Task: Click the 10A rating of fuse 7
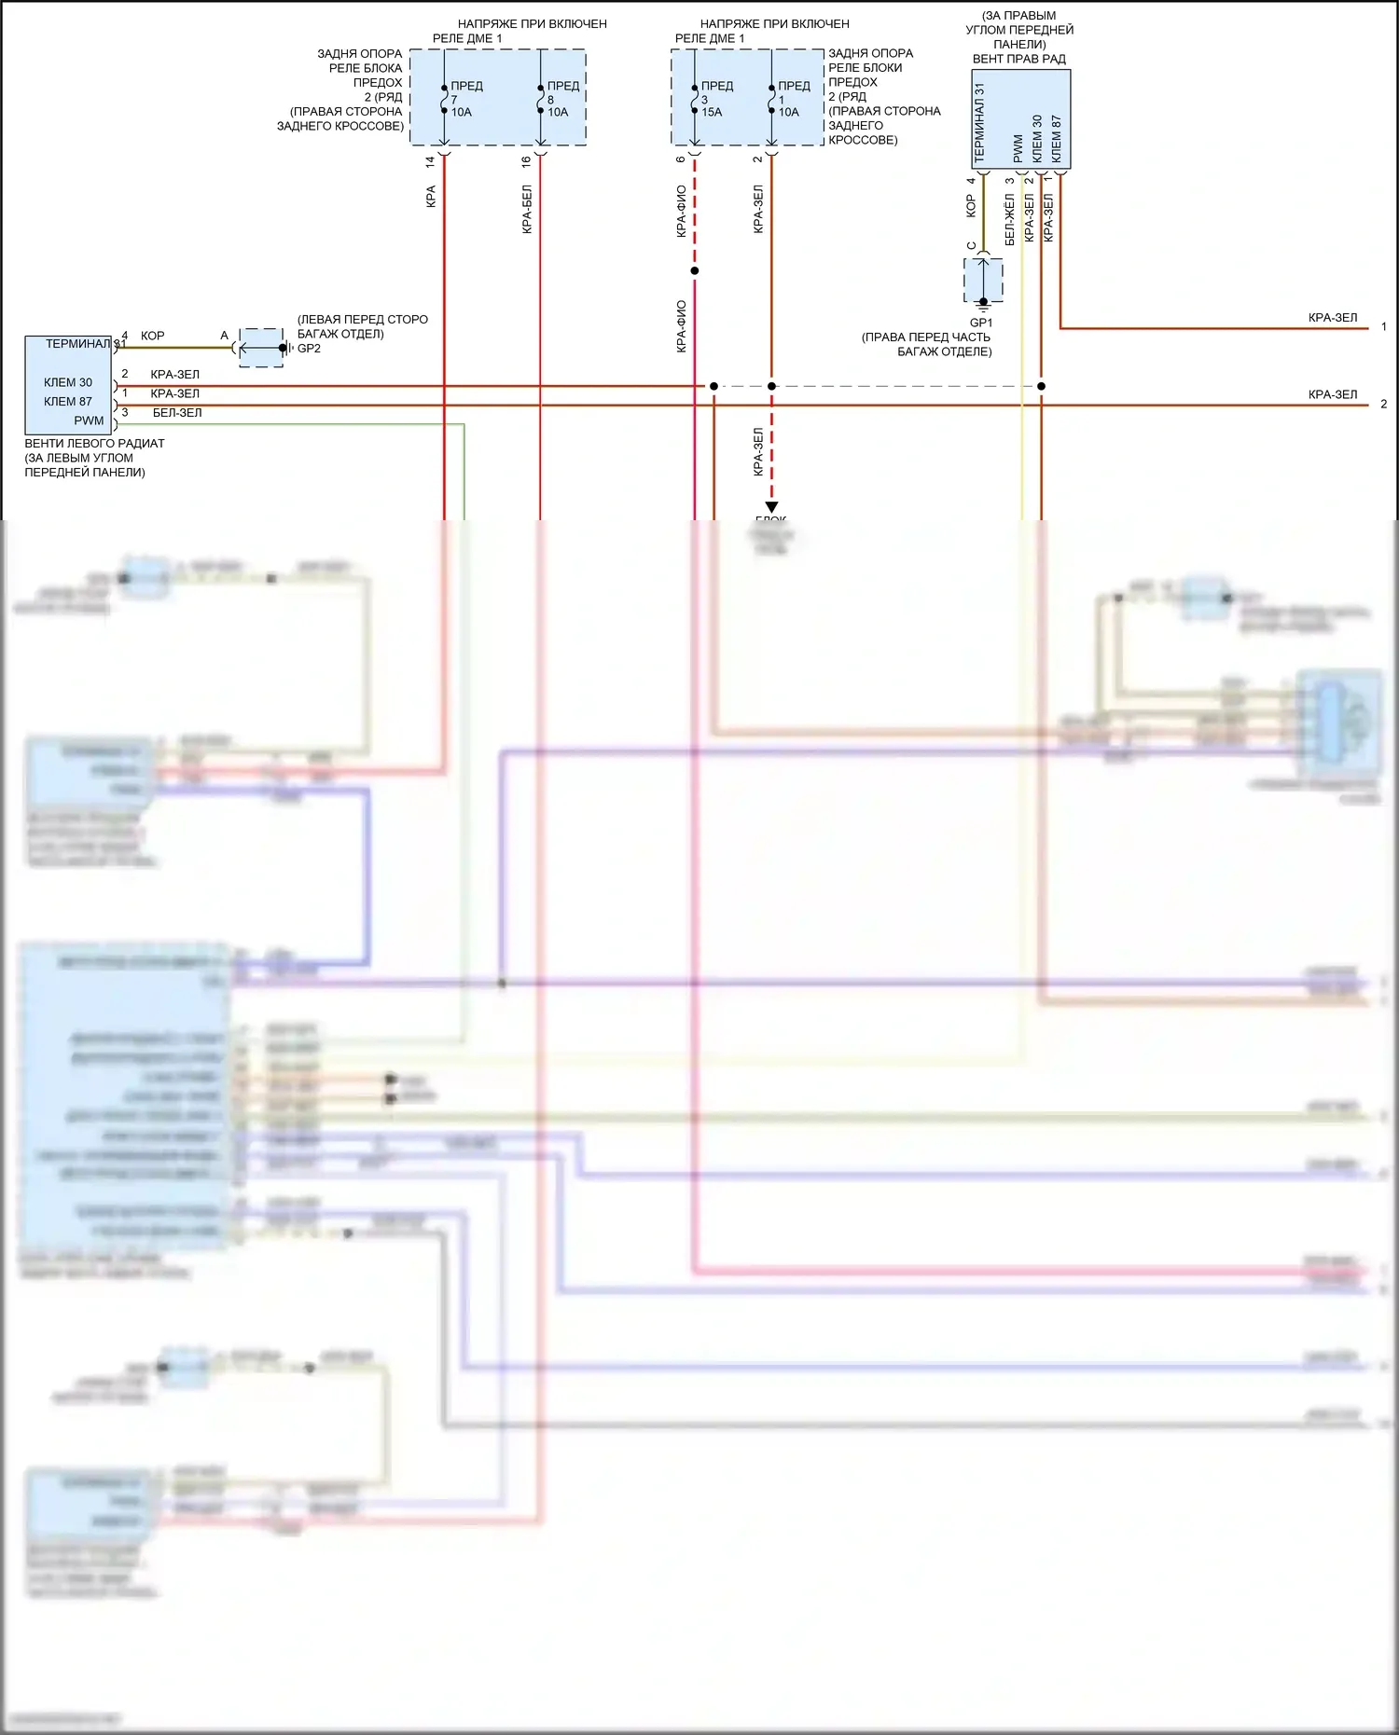[462, 113]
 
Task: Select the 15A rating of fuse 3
[712, 113]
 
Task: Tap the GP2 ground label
[309, 349]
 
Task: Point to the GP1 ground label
[981, 323]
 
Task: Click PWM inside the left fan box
[89, 420]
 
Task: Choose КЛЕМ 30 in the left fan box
[68, 382]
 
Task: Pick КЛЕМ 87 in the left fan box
[68, 402]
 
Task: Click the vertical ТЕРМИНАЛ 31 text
[979, 123]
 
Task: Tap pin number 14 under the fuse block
[430, 161]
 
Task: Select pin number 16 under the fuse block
[526, 161]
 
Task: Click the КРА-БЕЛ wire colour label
[527, 209]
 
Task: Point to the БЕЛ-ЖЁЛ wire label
[1009, 220]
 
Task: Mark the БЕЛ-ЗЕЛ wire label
[177, 413]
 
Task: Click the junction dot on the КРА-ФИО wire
[695, 271]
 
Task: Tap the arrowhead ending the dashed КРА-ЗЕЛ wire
[771, 507]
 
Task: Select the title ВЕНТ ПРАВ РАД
[1018, 59]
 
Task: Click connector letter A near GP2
[224, 336]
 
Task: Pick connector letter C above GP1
[971, 246]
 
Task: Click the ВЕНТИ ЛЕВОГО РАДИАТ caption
[94, 444]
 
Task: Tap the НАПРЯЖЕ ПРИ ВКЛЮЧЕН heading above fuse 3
[774, 24]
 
